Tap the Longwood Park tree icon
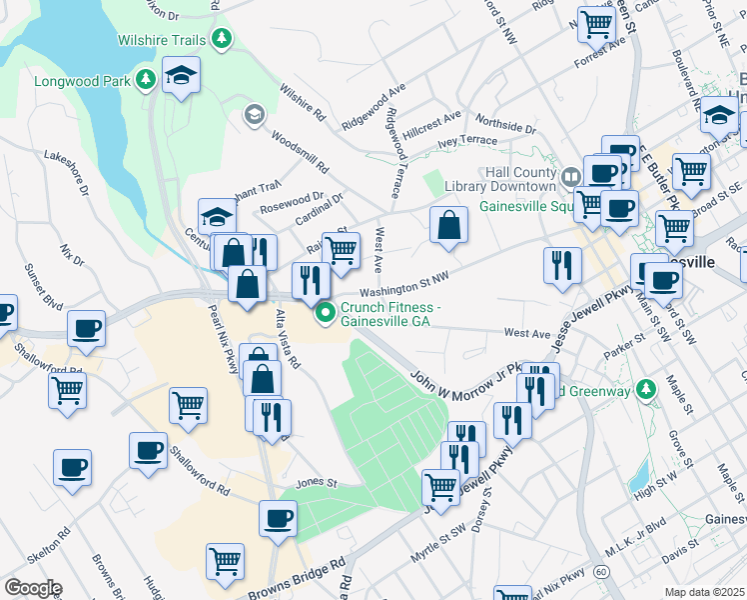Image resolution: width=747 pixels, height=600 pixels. (x=146, y=79)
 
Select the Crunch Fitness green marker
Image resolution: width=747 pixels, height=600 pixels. (x=325, y=315)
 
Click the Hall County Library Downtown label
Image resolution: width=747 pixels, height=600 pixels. (x=519, y=179)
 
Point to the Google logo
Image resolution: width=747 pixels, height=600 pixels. (x=32, y=588)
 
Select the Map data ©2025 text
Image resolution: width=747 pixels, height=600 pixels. (x=705, y=592)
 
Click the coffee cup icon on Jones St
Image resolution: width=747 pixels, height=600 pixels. (x=278, y=518)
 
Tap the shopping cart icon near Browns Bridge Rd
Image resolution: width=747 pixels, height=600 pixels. (x=226, y=560)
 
